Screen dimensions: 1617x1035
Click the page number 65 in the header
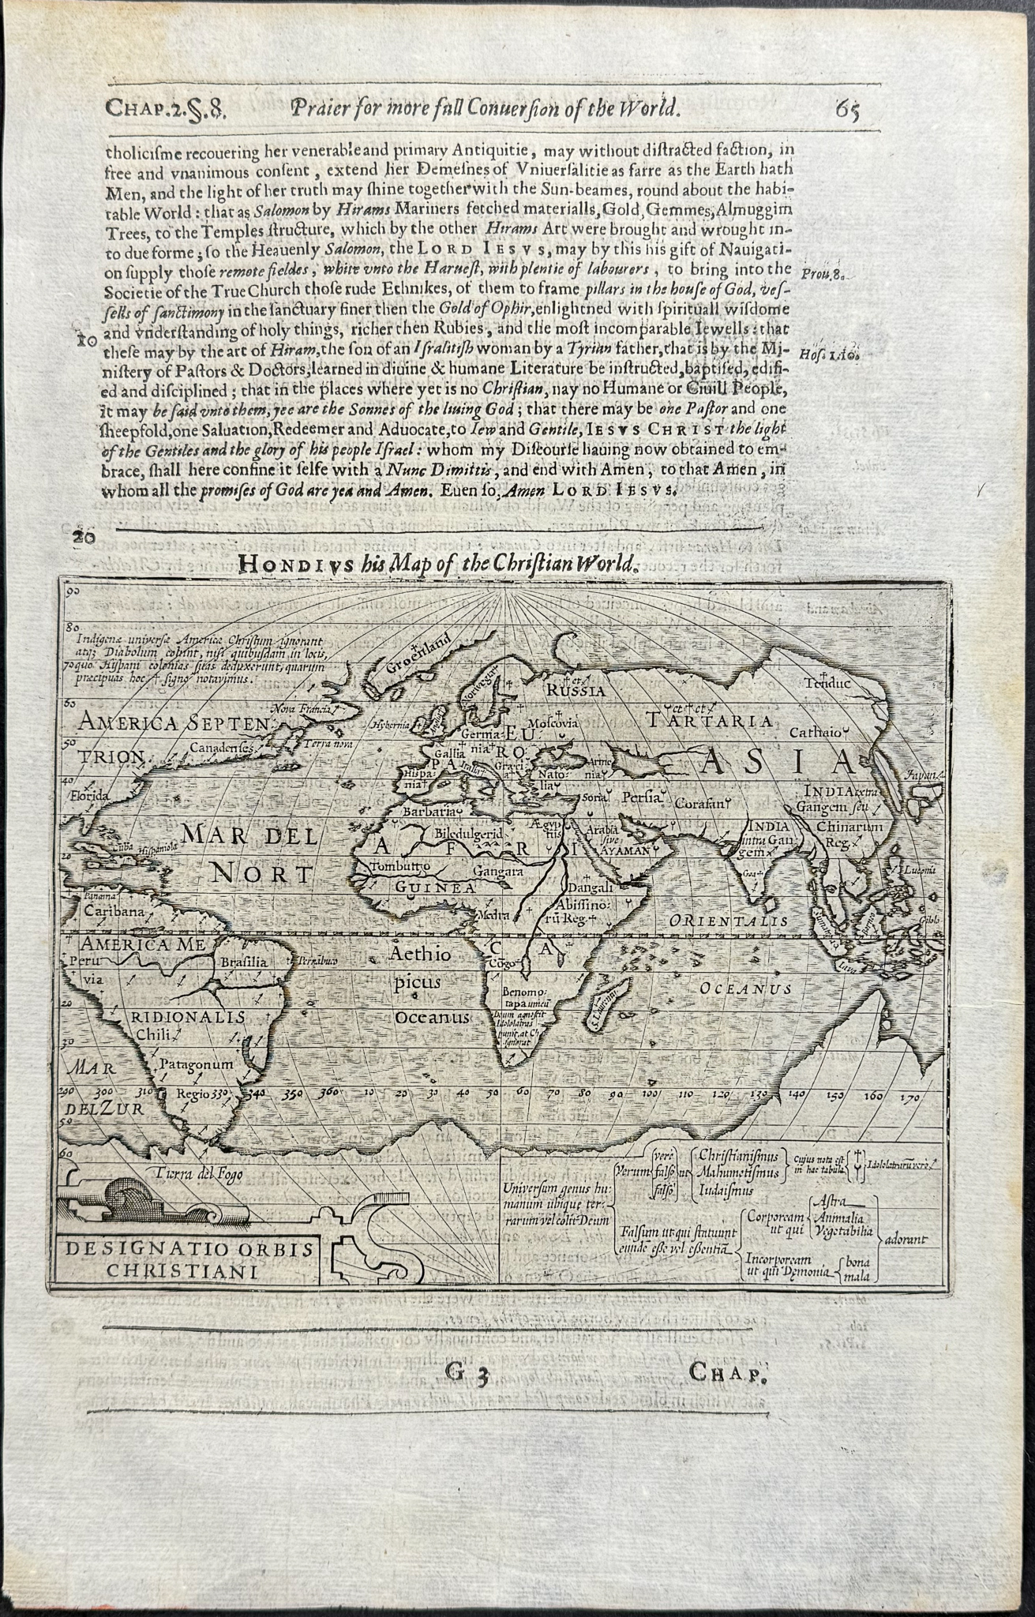[x=844, y=107]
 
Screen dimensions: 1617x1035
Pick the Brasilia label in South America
[x=247, y=962]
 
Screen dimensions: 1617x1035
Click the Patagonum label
[x=197, y=1064]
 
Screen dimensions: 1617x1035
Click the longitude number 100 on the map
[x=651, y=1094]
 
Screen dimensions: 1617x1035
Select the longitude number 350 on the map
[x=271, y=1094]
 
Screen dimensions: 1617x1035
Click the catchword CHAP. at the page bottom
[x=728, y=1373]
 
